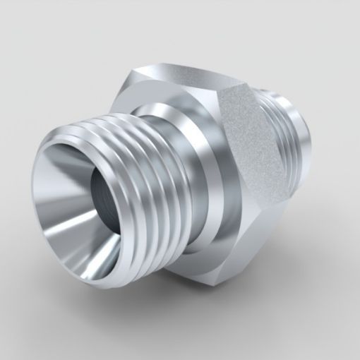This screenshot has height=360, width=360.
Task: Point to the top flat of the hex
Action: tap(191, 78)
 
